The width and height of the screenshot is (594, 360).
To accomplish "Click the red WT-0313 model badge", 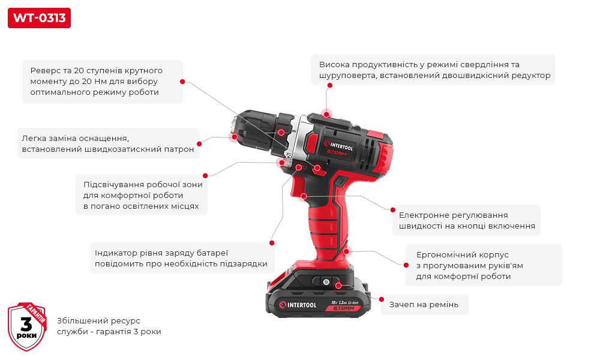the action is pyautogui.click(x=40, y=18).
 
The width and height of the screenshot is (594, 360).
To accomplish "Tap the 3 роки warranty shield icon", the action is pyautogui.click(x=27, y=326).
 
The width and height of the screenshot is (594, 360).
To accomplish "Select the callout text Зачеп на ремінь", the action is pyautogui.click(x=424, y=305).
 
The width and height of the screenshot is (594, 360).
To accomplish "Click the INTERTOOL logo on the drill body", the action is pyautogui.click(x=338, y=146).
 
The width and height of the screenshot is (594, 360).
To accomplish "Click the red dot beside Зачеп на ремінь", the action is pyautogui.click(x=381, y=299).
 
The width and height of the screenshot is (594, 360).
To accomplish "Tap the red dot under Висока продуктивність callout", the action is pyautogui.click(x=329, y=85).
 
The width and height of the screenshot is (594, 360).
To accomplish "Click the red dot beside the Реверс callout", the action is pyautogui.click(x=182, y=82).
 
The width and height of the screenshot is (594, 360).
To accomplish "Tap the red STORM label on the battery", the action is pyautogui.click(x=344, y=308).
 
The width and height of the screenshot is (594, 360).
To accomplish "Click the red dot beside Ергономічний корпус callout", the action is pyautogui.click(x=406, y=265).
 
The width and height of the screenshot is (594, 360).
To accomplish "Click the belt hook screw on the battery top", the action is pyautogui.click(x=326, y=281).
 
